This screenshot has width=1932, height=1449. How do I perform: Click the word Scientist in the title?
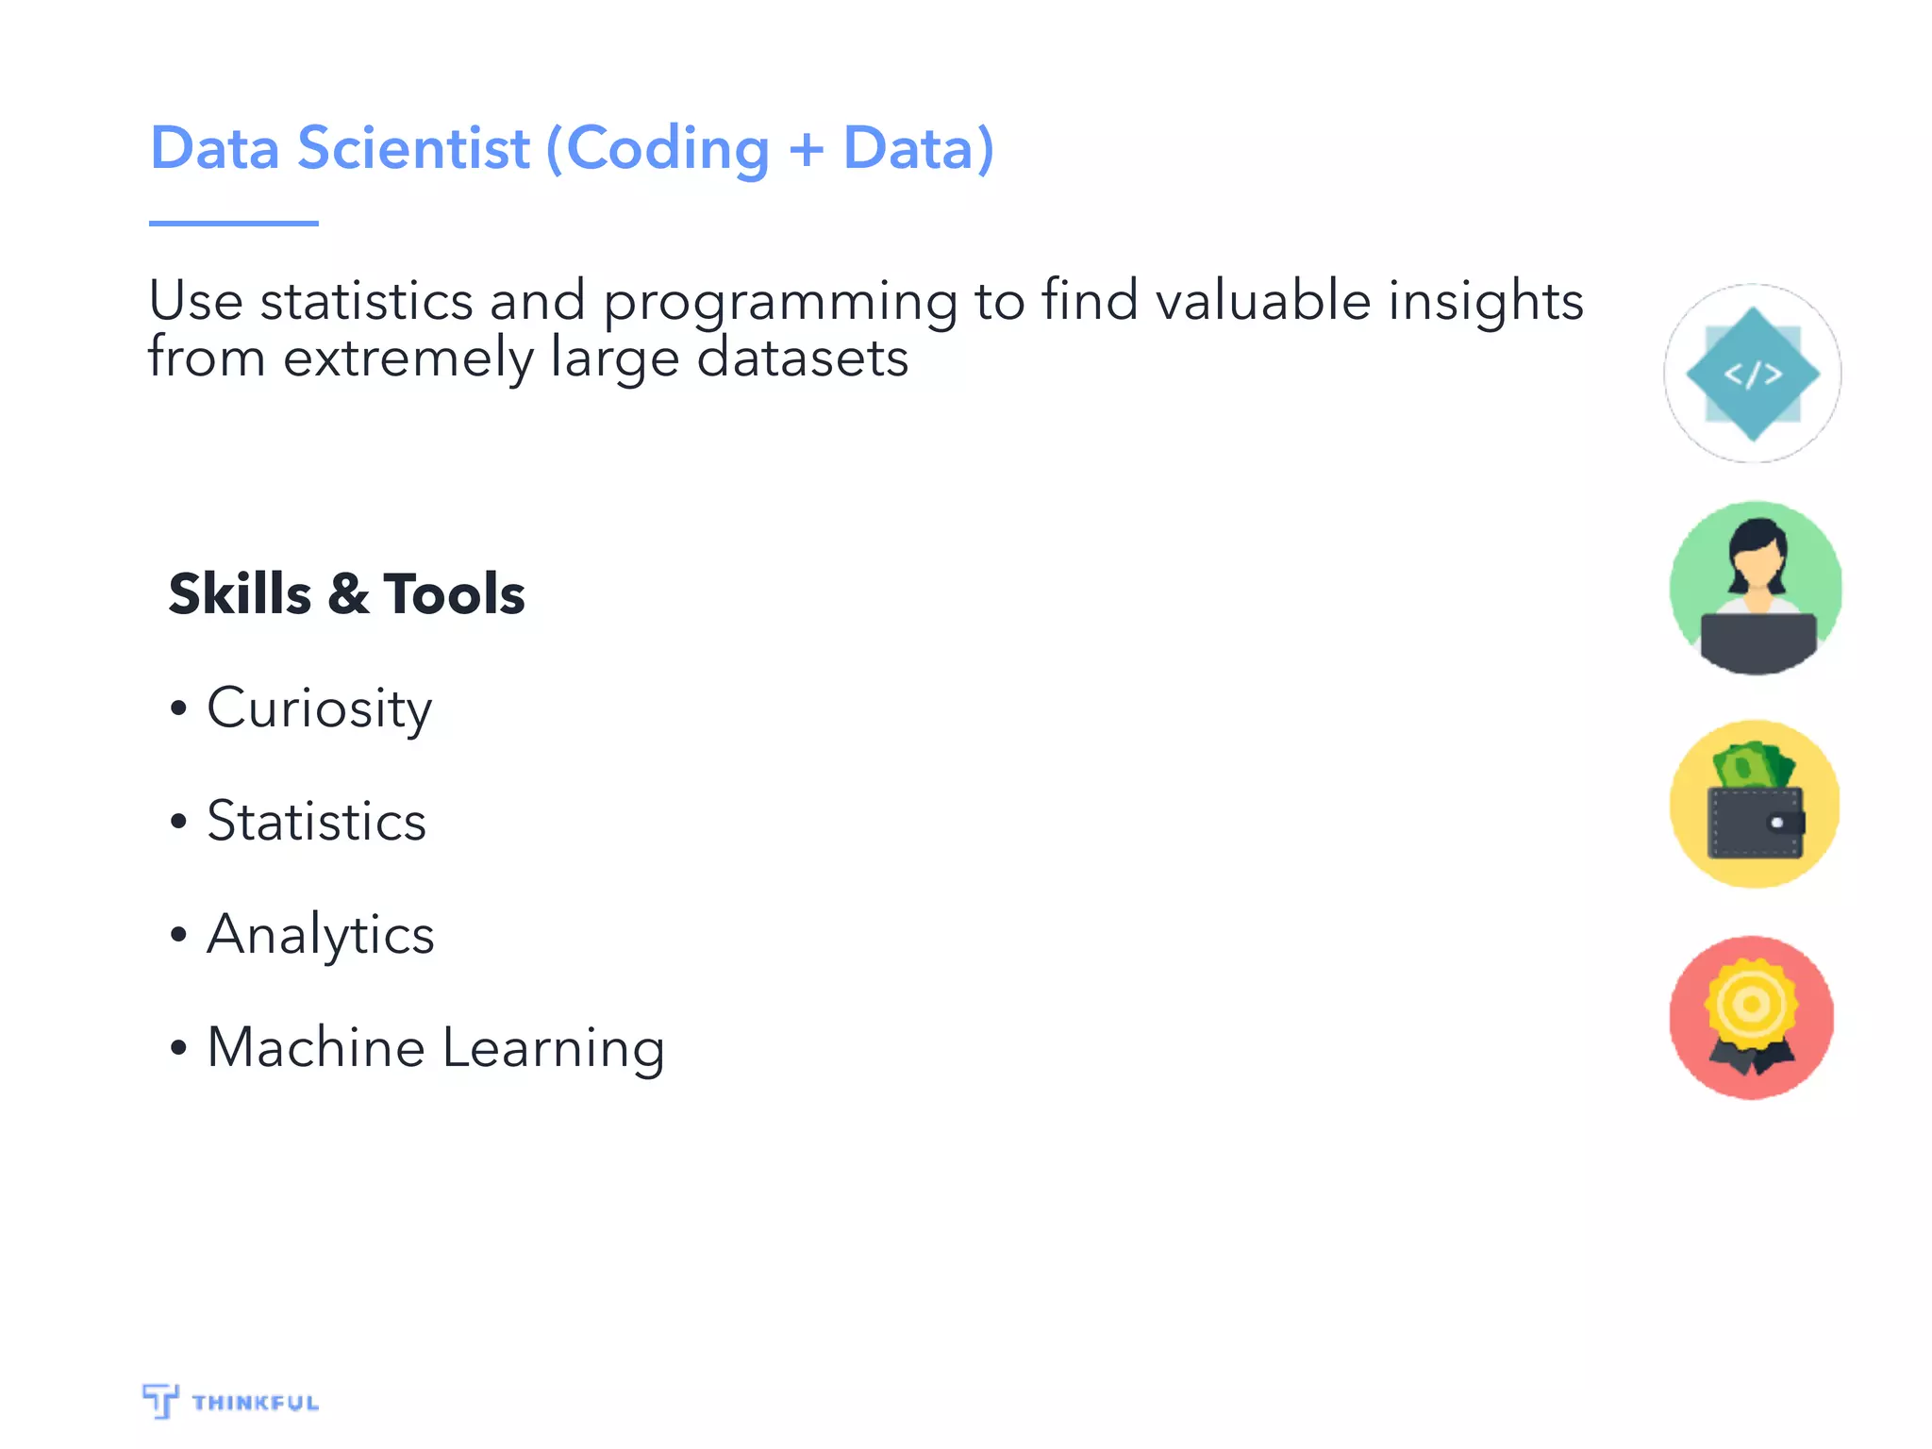413,149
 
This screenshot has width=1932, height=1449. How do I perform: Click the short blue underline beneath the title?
233,224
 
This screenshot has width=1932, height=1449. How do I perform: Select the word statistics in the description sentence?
366,302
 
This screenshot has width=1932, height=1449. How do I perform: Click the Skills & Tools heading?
346,594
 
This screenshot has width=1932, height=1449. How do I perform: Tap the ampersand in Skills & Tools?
348,595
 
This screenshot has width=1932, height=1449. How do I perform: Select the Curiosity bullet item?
319,708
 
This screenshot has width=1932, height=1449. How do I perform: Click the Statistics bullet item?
316,821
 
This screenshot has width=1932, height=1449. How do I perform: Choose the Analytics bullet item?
320,935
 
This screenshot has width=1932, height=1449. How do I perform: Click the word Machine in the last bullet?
316,1047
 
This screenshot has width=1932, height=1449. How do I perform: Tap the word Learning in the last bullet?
553,1049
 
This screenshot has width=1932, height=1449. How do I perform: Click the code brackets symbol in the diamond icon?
1753,375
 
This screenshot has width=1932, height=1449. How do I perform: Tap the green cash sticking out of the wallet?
1753,766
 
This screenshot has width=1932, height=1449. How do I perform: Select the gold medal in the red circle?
1752,1006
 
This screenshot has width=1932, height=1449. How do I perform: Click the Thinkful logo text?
255,1403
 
